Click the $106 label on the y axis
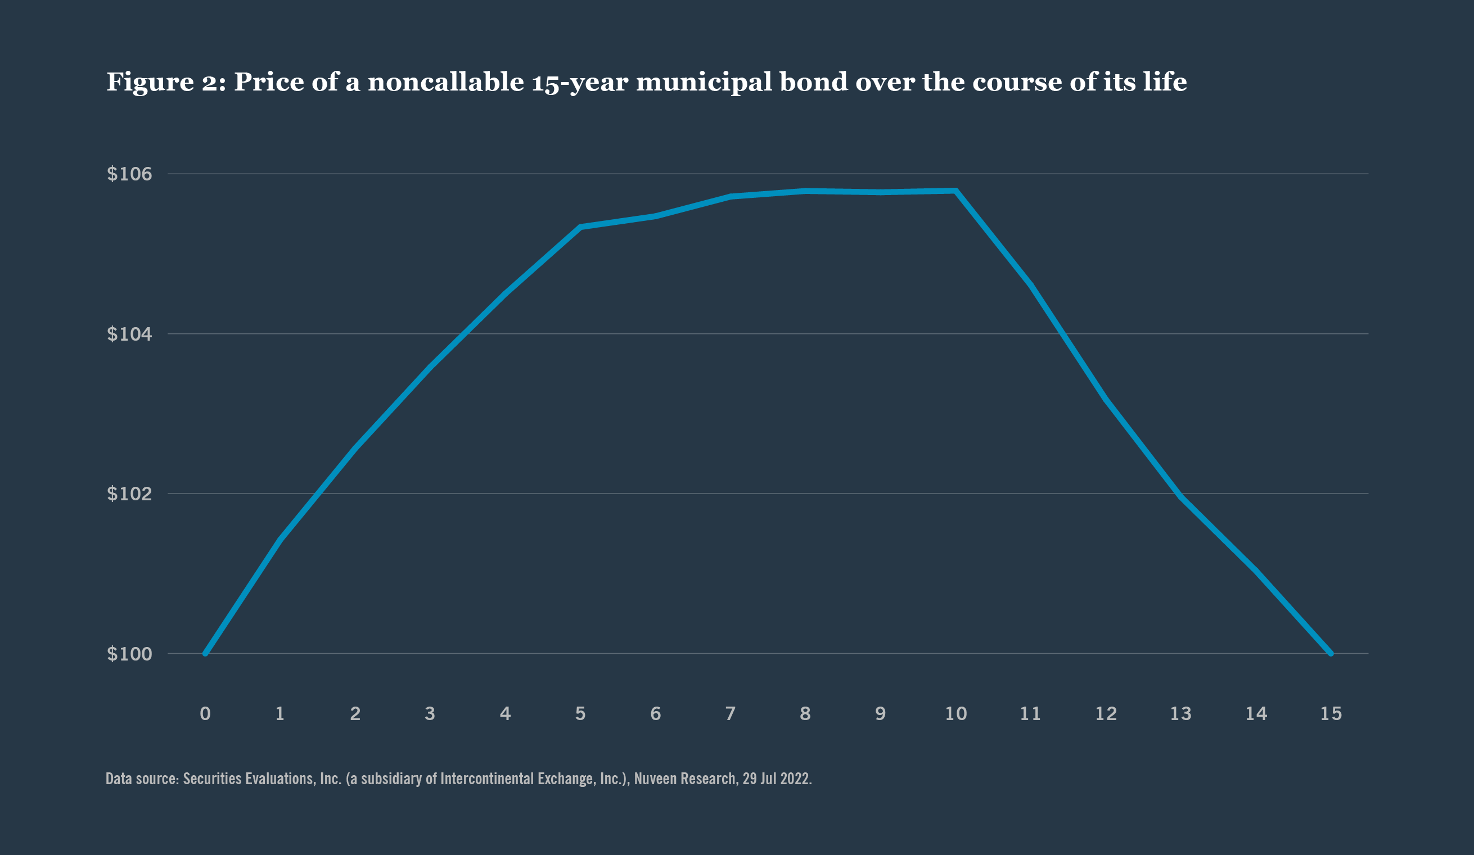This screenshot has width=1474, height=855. pyautogui.click(x=129, y=174)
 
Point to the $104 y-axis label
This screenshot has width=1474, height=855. pyautogui.click(x=129, y=334)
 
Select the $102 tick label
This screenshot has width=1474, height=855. pyautogui.click(x=129, y=494)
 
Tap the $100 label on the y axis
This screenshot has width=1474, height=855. pyautogui.click(x=129, y=654)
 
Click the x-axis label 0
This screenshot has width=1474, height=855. pyautogui.click(x=205, y=713)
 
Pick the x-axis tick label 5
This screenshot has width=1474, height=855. pyautogui.click(x=580, y=713)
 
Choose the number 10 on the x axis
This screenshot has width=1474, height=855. pyautogui.click(x=955, y=713)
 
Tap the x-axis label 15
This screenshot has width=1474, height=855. pyautogui.click(x=1331, y=713)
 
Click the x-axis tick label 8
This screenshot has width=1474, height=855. pyautogui.click(x=805, y=713)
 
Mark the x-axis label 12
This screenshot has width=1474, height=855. pyautogui.click(x=1106, y=713)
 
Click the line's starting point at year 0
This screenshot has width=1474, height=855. pyautogui.click(x=205, y=653)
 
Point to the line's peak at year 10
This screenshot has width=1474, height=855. pyautogui.click(x=955, y=191)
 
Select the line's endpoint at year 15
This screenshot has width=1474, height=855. pyautogui.click(x=1331, y=653)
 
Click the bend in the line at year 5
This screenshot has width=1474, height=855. pyautogui.click(x=580, y=227)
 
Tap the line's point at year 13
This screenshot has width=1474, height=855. pyautogui.click(x=1181, y=496)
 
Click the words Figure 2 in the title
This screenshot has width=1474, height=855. pyautogui.click(x=165, y=82)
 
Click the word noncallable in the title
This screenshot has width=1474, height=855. pyautogui.click(x=446, y=82)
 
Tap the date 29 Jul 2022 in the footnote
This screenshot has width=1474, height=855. pyautogui.click(x=777, y=779)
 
